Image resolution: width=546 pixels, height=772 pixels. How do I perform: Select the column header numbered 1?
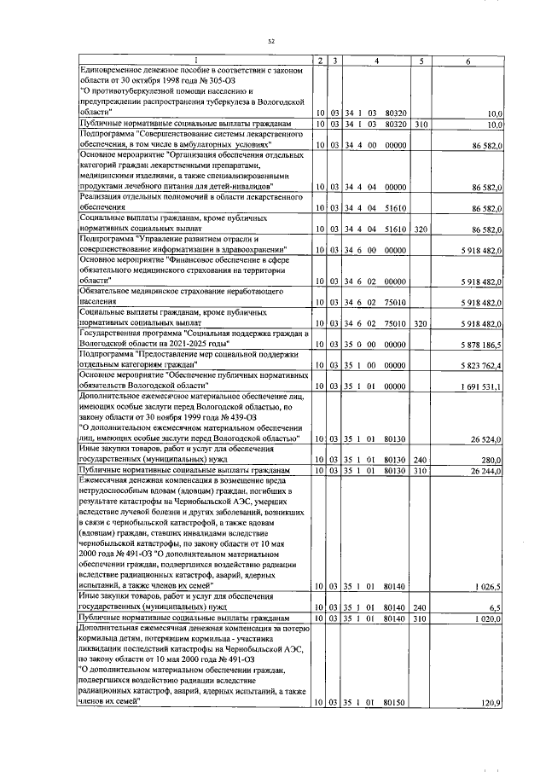192,60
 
